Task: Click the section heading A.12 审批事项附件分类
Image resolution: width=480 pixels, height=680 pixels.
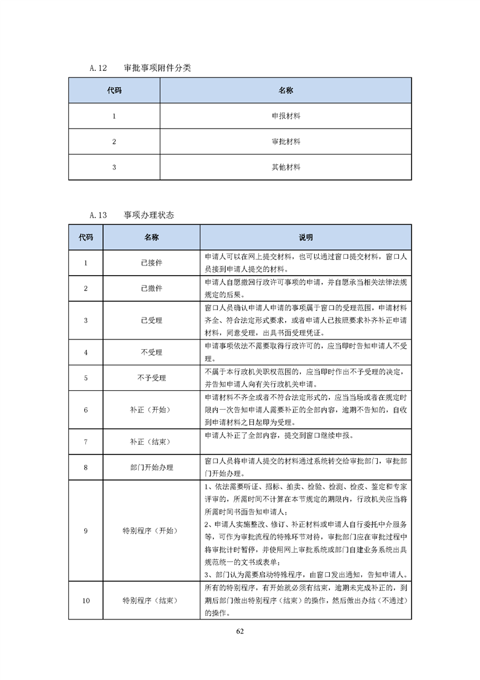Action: pos(140,68)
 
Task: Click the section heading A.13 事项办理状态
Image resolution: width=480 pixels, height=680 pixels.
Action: pos(132,215)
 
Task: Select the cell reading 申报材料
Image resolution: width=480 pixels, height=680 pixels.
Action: pos(286,116)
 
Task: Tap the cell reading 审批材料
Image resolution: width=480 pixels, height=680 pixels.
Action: pos(286,141)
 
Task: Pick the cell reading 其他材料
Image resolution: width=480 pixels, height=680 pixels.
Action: pos(286,167)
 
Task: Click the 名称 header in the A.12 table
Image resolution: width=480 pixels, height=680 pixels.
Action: pos(286,90)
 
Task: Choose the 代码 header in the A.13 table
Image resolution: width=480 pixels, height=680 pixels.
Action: pos(85,238)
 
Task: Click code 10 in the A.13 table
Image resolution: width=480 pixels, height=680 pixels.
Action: pos(85,601)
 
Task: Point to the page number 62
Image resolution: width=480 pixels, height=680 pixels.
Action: pos(240,631)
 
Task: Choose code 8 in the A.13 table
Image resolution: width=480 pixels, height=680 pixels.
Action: pos(85,467)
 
